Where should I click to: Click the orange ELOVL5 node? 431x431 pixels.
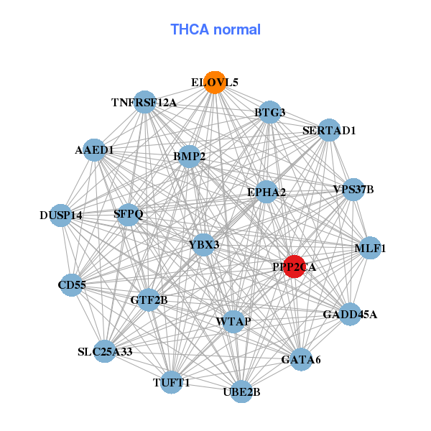coord(214,83)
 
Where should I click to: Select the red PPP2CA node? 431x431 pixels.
coord(295,266)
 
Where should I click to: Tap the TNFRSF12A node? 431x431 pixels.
coord(145,102)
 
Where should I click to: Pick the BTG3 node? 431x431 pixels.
coord(269,112)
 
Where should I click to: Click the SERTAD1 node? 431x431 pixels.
coord(329,130)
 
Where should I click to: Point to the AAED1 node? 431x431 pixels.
coord(95,150)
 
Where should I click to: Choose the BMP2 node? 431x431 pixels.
coord(189,156)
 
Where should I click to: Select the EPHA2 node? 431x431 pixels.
coord(267,192)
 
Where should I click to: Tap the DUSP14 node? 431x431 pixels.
coord(61,215)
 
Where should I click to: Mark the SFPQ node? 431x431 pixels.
coord(129,214)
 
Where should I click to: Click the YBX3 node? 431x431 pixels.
coord(204,245)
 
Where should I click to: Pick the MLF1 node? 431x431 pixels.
coord(370,249)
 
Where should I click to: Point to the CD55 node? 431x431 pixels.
coord(72,285)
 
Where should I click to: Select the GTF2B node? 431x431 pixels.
coord(149,300)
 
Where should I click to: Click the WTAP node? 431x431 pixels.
coord(233,321)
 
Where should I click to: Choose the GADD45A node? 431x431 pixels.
coord(350,315)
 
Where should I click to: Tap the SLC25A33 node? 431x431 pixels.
coord(105,351)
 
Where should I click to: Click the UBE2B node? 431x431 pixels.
coord(241,391)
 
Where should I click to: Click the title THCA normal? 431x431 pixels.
coord(215,29)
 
